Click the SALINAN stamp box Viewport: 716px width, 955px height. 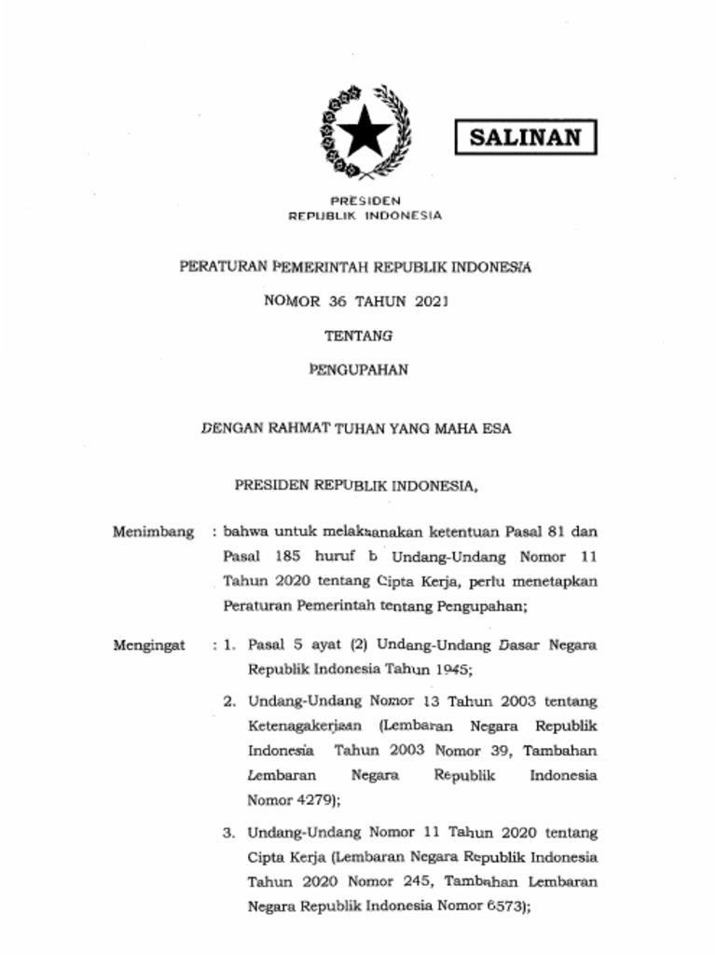[526, 138]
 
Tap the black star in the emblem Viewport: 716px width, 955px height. [365, 134]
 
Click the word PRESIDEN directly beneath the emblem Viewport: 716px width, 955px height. [365, 201]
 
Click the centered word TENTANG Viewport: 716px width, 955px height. [358, 335]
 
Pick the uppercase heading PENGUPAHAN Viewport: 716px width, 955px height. [358, 369]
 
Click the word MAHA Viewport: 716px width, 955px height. [457, 430]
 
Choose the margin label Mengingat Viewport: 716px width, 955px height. [149, 644]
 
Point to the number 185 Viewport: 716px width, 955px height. [291, 557]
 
